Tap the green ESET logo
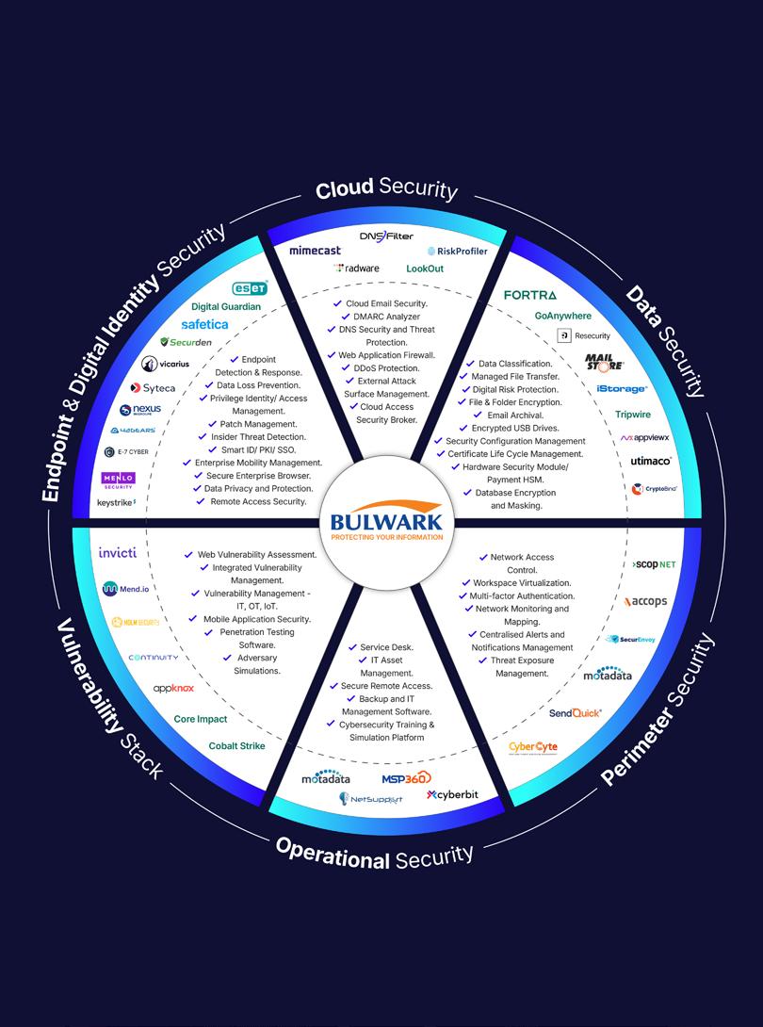pos(250,288)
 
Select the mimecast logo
pos(316,251)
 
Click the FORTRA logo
pos(530,296)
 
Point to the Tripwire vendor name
pos(632,415)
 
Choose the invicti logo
pos(118,552)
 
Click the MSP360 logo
pos(406,778)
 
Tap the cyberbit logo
pos(452,795)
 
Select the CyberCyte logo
pos(532,747)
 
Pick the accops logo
pos(645,601)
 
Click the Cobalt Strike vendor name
pos(236,746)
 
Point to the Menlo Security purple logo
pos(119,481)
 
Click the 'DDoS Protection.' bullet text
pos(386,368)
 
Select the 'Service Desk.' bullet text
pos(386,647)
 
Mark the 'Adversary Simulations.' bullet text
pos(257,664)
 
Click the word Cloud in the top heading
pos(344,189)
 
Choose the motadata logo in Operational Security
pos(325,779)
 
